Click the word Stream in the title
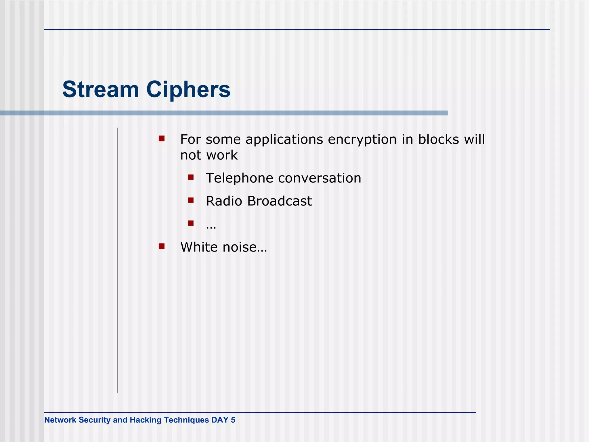tap(101, 89)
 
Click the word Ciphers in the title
tap(188, 89)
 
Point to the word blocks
tap(439, 139)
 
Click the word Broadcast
tap(279, 201)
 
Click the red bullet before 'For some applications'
tap(162, 139)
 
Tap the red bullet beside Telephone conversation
tap(191, 177)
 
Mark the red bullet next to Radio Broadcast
tap(191, 200)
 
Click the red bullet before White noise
tap(162, 246)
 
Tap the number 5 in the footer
tap(233, 420)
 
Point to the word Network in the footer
tap(60, 420)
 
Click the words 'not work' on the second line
tap(209, 155)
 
